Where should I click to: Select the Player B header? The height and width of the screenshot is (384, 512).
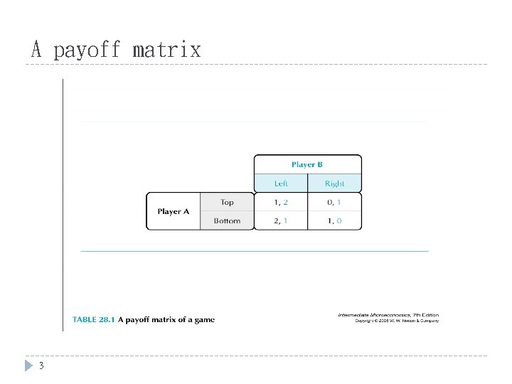pos(307,164)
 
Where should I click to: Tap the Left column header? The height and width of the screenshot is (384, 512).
pos(282,183)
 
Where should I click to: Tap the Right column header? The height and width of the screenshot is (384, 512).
pos(334,183)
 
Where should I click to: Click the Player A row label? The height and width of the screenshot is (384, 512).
pos(174,211)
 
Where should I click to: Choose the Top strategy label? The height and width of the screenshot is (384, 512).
pos(227,203)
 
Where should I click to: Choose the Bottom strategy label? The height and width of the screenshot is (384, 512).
pos(227,221)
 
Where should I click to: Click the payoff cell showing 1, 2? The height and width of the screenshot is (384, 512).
pos(282,203)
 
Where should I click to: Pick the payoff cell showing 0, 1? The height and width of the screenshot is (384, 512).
pos(334,203)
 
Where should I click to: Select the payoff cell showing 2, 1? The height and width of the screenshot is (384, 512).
pos(282,221)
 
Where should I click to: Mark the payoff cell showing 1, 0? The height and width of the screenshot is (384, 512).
pos(334,221)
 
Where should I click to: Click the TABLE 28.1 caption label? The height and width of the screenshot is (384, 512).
pos(93,320)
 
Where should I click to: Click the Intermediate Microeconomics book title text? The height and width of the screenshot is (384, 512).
pos(378,315)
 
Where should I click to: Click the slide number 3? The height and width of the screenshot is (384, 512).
pos(41,366)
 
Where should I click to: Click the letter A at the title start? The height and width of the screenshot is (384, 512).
pos(37,50)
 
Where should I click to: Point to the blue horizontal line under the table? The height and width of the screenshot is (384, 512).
pos(255,251)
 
